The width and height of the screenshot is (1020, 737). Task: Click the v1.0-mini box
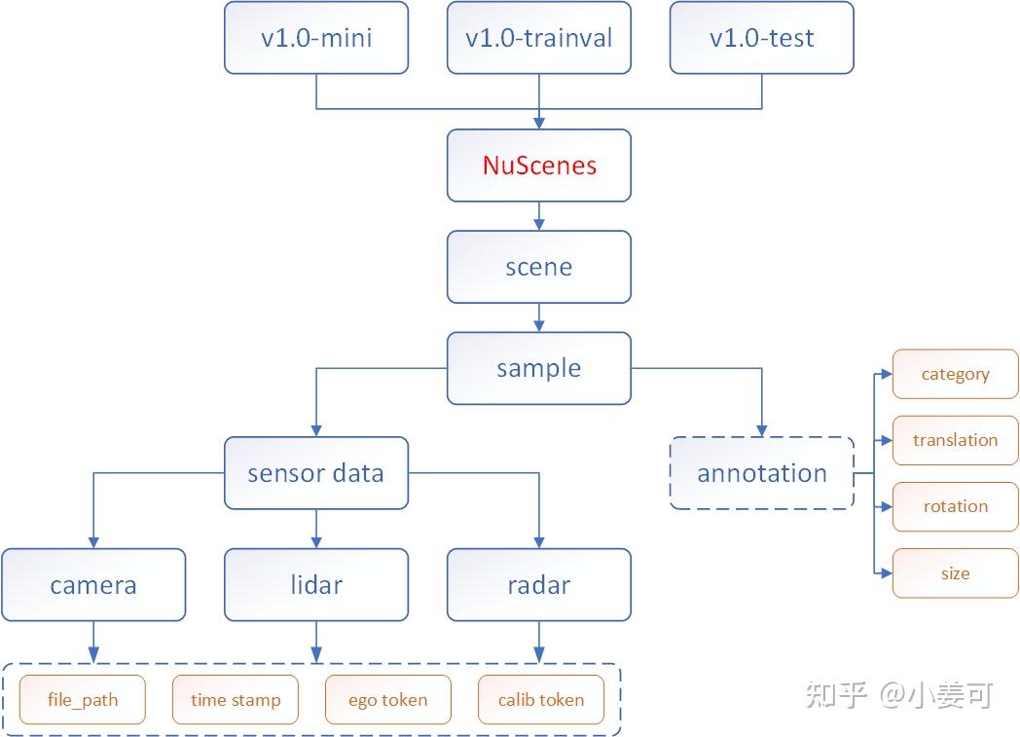click(x=316, y=38)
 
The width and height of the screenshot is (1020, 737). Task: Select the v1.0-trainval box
click(x=538, y=38)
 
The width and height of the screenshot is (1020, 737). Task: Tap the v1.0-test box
click(x=761, y=38)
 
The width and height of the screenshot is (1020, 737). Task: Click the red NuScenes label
click(x=538, y=166)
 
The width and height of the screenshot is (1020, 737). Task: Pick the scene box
click(x=538, y=267)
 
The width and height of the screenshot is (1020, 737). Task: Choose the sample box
click(x=538, y=368)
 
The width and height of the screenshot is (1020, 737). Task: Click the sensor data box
click(x=316, y=473)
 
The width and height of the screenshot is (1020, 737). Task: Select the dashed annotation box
click(x=761, y=473)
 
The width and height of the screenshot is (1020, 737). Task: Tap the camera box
click(x=93, y=585)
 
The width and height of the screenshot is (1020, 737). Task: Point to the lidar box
click(x=316, y=585)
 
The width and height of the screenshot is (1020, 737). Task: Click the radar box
click(x=538, y=585)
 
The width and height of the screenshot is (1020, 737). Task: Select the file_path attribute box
click(x=82, y=700)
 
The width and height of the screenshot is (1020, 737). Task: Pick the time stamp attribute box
click(x=236, y=700)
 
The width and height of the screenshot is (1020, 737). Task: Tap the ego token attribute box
click(x=387, y=700)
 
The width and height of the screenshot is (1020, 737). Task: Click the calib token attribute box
click(x=541, y=700)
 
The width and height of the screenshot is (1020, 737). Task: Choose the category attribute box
click(x=955, y=374)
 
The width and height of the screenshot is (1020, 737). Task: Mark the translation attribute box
click(x=955, y=440)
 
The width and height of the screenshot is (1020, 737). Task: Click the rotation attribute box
click(x=955, y=506)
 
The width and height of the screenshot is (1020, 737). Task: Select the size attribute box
click(x=955, y=573)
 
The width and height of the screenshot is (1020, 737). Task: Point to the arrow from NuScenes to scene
click(x=538, y=215)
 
